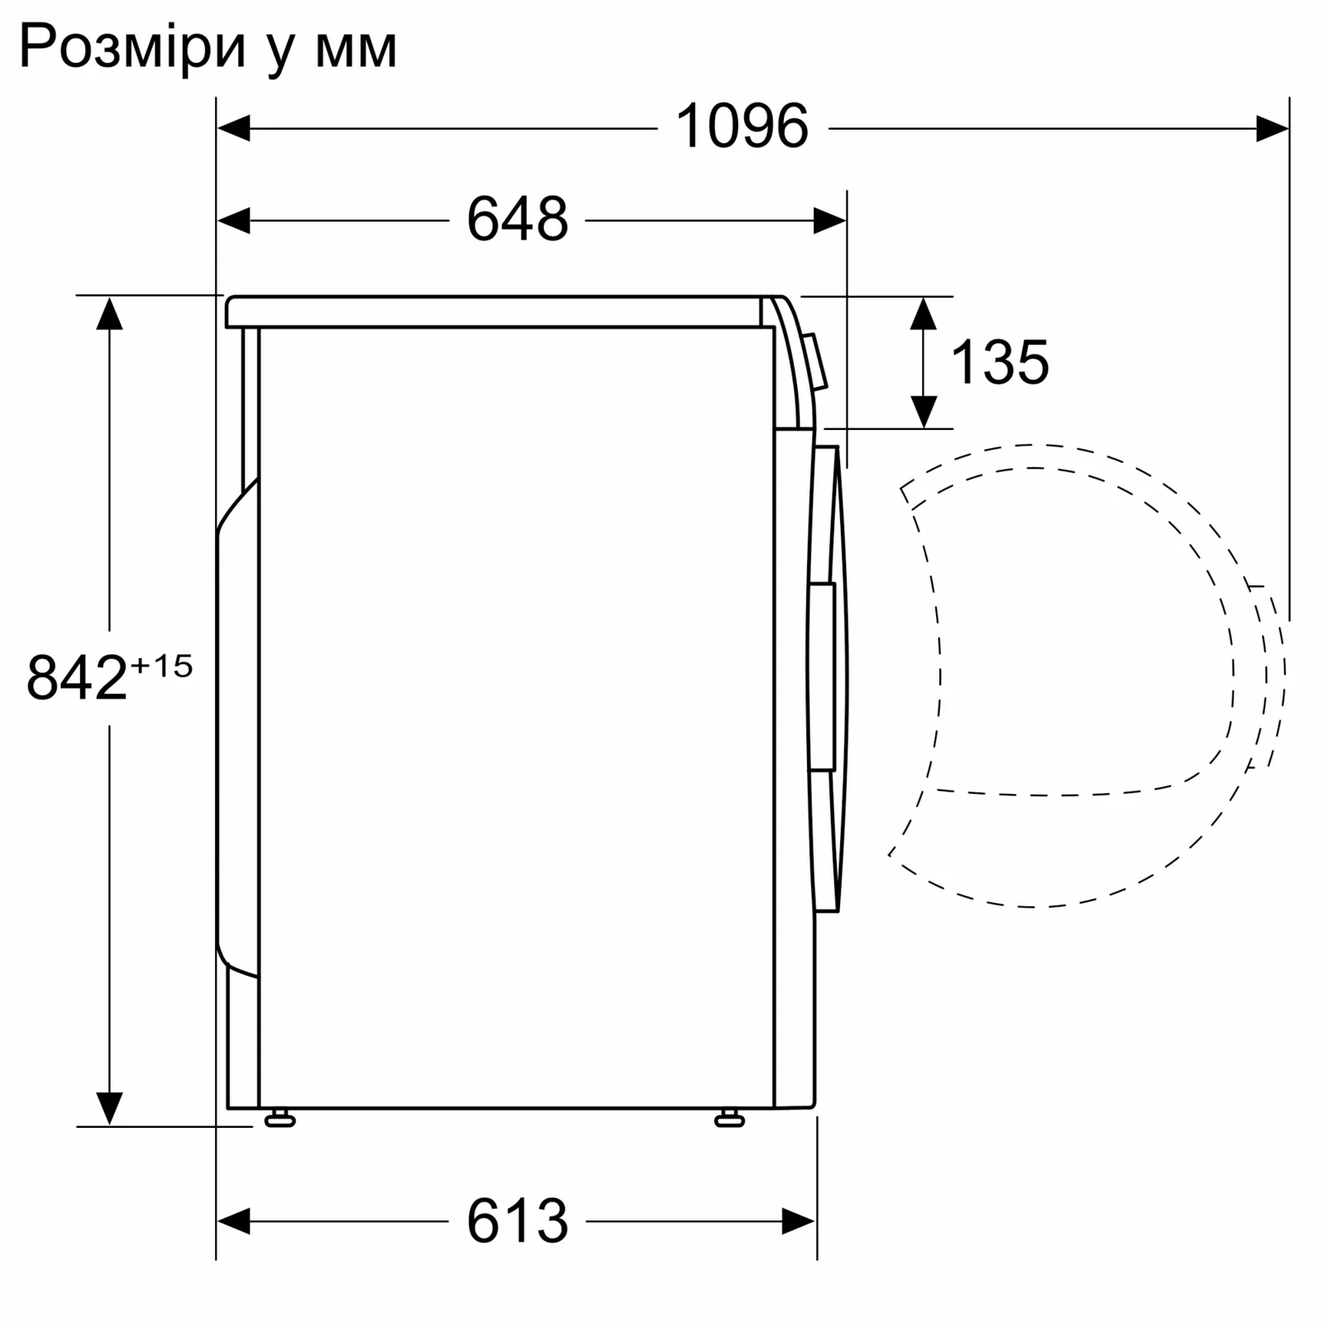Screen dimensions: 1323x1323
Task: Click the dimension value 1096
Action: click(x=742, y=127)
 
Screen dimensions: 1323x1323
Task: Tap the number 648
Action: click(x=518, y=220)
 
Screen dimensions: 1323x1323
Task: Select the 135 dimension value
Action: click(x=1000, y=362)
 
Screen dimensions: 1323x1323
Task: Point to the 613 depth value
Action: click(x=518, y=1221)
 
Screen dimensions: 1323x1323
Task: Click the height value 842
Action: click(x=77, y=678)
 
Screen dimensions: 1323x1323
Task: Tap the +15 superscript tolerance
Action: click(x=162, y=666)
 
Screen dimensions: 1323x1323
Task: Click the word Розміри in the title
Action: click(x=132, y=47)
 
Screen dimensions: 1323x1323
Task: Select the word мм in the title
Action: click(x=356, y=50)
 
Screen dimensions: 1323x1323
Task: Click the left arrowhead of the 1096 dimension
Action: click(x=233, y=128)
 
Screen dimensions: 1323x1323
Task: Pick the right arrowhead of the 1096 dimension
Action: click(x=1272, y=128)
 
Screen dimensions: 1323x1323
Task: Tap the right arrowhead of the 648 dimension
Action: click(x=829, y=221)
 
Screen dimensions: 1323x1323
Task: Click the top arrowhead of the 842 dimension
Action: click(x=109, y=314)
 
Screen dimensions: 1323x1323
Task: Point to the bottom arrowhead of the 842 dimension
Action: click(x=109, y=1108)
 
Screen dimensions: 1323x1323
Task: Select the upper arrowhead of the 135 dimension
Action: click(x=924, y=314)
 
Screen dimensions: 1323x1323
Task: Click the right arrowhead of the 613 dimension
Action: click(x=799, y=1221)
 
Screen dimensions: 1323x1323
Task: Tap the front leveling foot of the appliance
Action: click(x=729, y=1120)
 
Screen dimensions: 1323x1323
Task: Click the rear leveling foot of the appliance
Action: click(x=280, y=1120)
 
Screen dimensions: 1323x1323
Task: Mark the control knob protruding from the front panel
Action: click(x=815, y=362)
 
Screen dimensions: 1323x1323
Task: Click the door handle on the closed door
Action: click(x=823, y=676)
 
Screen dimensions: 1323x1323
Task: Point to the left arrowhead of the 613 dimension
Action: click(x=233, y=1221)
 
